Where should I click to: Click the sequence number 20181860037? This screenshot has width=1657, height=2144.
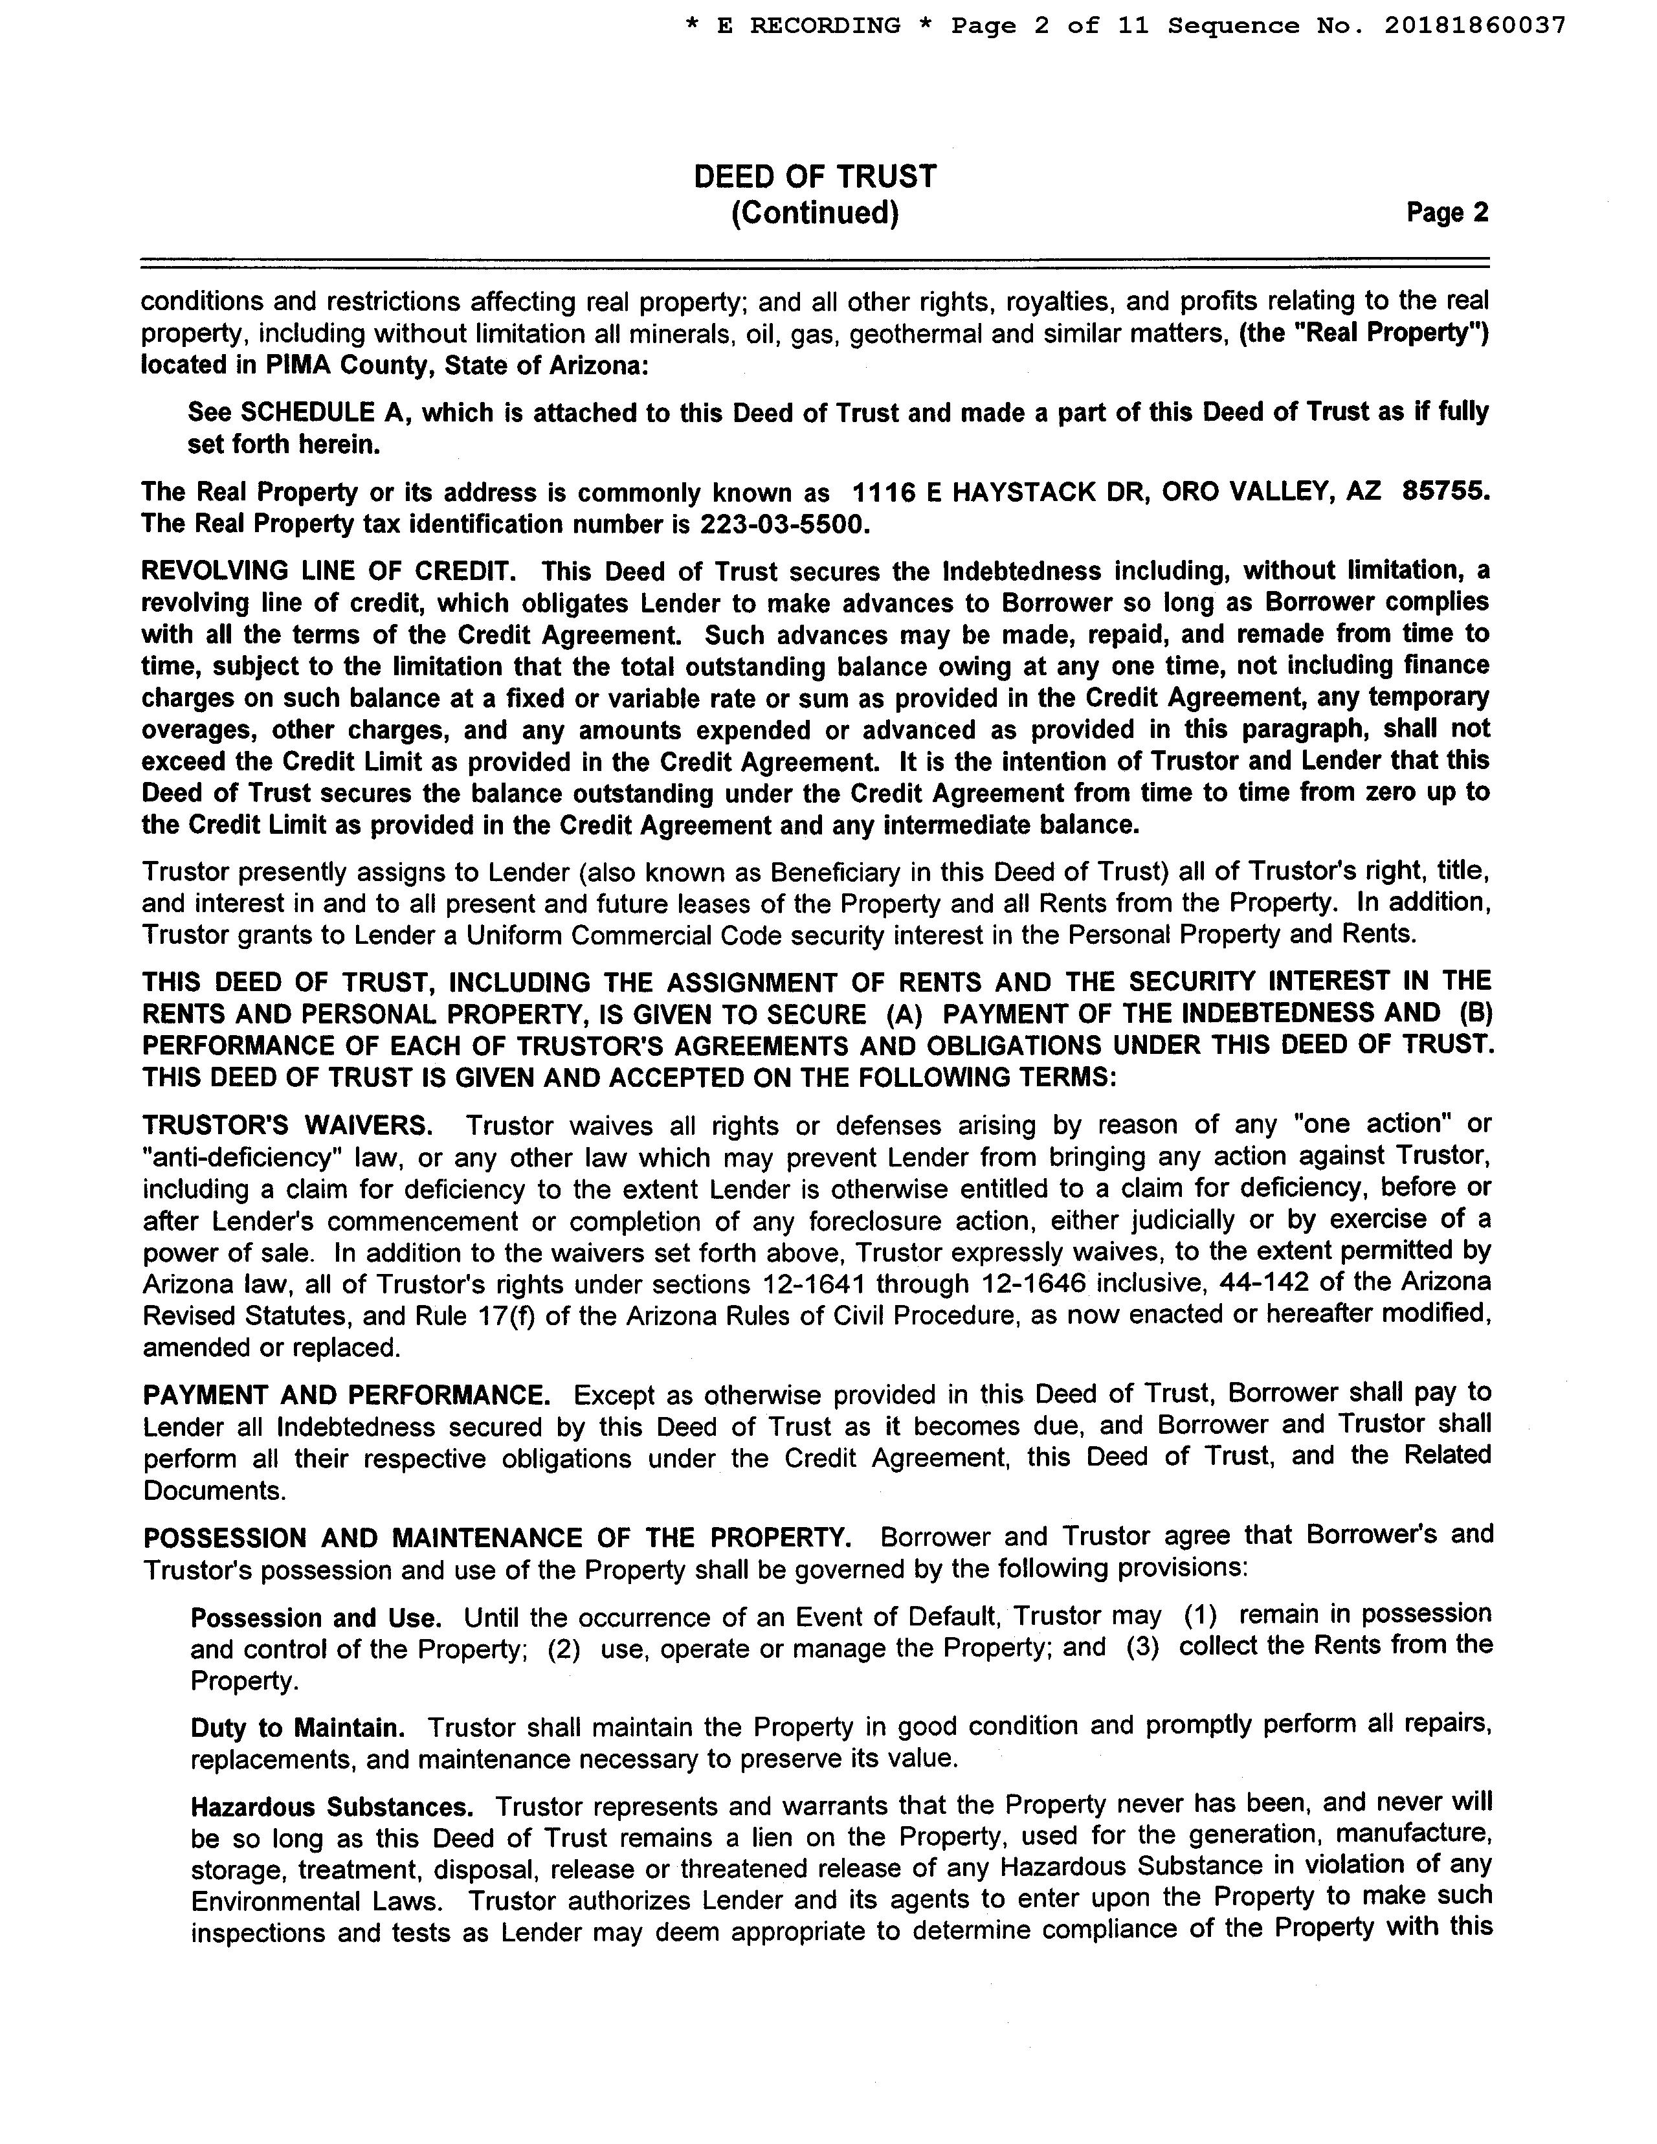(1474, 25)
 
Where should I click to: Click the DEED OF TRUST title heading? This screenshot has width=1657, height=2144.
(815, 177)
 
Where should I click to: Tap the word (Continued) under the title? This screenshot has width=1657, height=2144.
(815, 213)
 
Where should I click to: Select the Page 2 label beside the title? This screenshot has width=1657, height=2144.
(1447, 213)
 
